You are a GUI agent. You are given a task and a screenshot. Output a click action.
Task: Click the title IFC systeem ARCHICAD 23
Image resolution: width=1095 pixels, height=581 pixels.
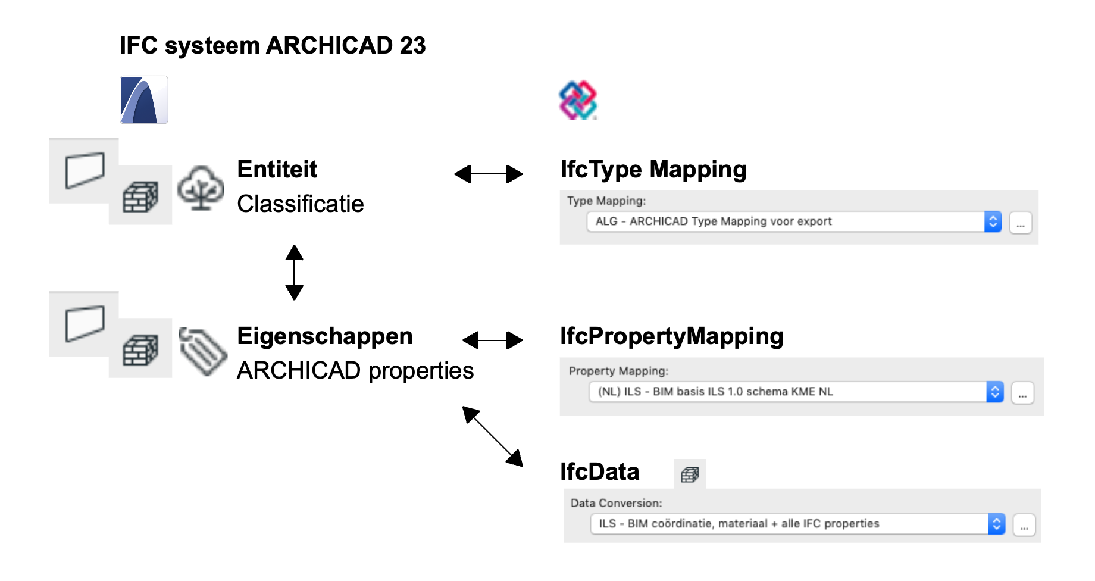pyautogui.click(x=273, y=46)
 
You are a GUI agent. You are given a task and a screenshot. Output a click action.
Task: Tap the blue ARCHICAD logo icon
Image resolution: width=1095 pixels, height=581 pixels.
pyautogui.click(x=144, y=100)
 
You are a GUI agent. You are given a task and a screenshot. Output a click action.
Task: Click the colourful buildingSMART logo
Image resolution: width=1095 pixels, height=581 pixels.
pyautogui.click(x=578, y=100)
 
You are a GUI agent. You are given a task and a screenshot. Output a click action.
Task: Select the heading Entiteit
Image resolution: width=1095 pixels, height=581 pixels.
pyautogui.click(x=277, y=170)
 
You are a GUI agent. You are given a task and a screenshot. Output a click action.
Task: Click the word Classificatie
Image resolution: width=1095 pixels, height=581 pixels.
pyautogui.click(x=300, y=204)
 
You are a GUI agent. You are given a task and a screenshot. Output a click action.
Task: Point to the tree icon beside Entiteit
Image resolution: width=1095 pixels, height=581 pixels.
pyautogui.click(x=201, y=188)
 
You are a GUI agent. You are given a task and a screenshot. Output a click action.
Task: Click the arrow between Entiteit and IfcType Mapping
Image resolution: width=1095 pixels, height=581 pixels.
pyautogui.click(x=489, y=174)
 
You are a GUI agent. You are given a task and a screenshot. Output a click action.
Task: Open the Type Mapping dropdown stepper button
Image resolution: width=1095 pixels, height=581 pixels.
pyautogui.click(x=993, y=222)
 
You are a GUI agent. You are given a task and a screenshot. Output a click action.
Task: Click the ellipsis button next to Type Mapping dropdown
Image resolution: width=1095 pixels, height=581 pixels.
pyautogui.click(x=1021, y=223)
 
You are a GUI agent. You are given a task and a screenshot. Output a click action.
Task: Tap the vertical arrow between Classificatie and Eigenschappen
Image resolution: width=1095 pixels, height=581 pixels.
pyautogui.click(x=295, y=273)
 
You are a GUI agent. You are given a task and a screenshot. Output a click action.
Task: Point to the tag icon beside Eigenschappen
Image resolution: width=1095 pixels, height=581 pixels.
pyautogui.click(x=203, y=351)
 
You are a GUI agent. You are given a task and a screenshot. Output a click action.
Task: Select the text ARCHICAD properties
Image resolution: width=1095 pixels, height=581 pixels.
pyautogui.click(x=355, y=371)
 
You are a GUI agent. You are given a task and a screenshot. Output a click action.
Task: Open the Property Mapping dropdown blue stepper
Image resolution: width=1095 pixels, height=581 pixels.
pyautogui.click(x=995, y=392)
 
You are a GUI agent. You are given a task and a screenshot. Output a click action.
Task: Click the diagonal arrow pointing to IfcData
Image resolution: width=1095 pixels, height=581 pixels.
pyautogui.click(x=493, y=436)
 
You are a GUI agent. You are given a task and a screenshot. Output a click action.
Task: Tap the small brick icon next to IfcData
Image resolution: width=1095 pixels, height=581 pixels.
pyautogui.click(x=690, y=474)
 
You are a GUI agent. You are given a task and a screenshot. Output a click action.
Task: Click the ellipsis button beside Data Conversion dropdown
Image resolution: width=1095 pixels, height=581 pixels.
pyautogui.click(x=1024, y=525)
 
